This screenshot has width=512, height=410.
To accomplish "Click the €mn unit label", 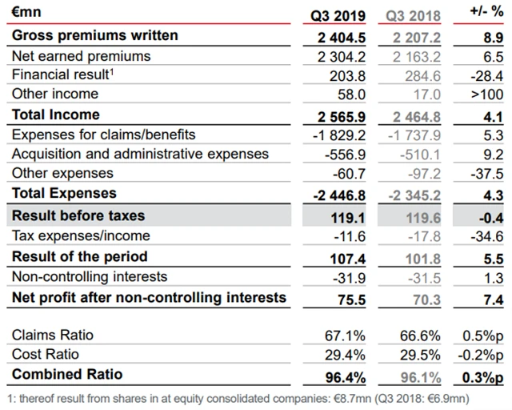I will click(26, 14).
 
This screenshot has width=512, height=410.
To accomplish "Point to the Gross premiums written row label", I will click(95, 36).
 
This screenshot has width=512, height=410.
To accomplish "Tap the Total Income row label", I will click(56, 115).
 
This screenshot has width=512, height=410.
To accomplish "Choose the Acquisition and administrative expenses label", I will click(141, 154).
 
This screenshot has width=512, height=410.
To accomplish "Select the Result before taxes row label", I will click(78, 216).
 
